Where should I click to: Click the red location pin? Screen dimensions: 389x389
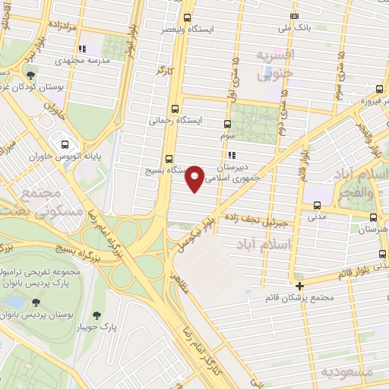click(194, 178)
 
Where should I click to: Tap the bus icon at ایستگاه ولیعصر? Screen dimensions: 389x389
click(188, 17)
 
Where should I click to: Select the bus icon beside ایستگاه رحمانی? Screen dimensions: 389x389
click(176, 109)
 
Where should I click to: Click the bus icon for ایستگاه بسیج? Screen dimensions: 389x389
click(168, 160)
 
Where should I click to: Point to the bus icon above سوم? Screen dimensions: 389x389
click(226, 125)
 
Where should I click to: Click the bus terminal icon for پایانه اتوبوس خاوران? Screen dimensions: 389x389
click(65, 144)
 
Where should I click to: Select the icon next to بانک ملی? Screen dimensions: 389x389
click(294, 16)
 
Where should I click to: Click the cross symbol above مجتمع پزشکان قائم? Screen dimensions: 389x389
click(301, 286)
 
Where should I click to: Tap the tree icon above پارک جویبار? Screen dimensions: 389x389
click(97, 315)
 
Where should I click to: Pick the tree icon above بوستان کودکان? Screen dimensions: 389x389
click(30, 75)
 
